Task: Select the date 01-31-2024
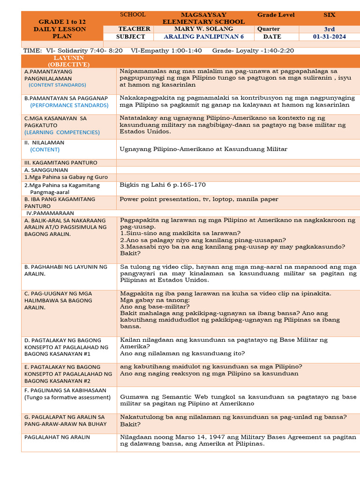(x=330, y=37)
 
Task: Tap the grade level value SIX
(x=330, y=15)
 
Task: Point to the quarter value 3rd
(x=330, y=29)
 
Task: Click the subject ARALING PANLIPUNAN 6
(x=203, y=37)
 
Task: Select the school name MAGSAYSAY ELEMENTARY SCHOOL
(x=203, y=18)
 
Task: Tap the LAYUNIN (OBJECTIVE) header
(x=68, y=61)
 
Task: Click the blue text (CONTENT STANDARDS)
(x=57, y=85)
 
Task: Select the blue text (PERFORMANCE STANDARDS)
(x=69, y=105)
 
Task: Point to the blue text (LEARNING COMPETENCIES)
(x=62, y=132)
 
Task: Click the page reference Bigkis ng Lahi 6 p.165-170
(x=163, y=185)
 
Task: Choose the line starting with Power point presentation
(x=199, y=199)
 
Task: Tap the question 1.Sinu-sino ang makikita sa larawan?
(x=180, y=233)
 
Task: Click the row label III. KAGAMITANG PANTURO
(x=61, y=163)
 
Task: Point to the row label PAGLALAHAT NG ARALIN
(x=57, y=437)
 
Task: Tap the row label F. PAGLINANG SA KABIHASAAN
(x=65, y=390)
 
